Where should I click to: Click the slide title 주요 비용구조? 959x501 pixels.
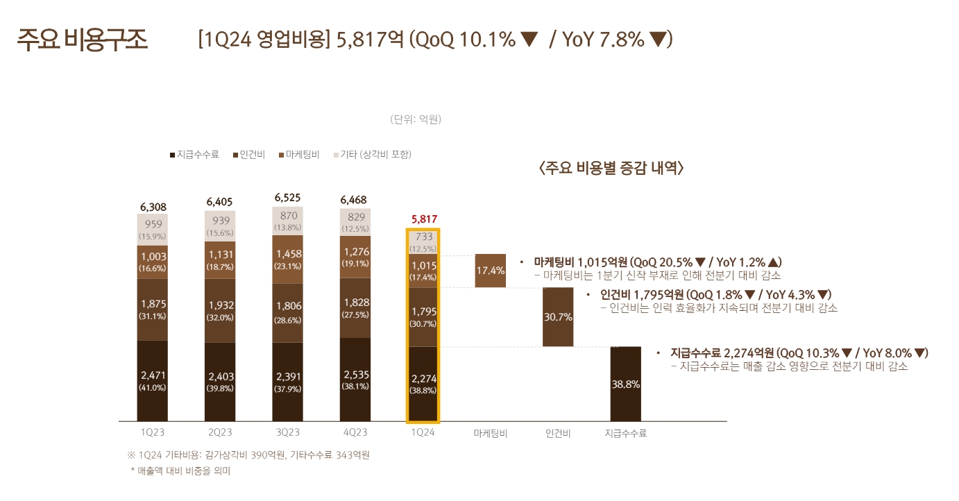(83, 40)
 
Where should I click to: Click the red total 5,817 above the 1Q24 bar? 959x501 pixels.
(424, 219)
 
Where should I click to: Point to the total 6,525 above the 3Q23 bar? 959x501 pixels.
(287, 198)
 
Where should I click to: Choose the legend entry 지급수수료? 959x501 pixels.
(194, 154)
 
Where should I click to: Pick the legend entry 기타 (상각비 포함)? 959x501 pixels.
(375, 154)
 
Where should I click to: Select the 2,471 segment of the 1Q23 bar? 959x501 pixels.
(152, 381)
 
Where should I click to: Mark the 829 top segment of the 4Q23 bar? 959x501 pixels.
(355, 222)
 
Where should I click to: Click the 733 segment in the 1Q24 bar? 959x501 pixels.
(423, 241)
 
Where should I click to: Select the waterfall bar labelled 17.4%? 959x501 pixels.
(490, 271)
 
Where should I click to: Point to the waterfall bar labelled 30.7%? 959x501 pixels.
(558, 317)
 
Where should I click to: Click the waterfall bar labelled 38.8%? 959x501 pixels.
(625, 384)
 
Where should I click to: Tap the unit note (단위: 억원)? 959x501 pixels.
(416, 119)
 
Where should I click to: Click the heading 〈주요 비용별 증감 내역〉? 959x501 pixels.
(611, 168)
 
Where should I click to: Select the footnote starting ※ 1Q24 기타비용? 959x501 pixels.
(248, 455)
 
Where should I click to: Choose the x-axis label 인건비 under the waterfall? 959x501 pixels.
(558, 433)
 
